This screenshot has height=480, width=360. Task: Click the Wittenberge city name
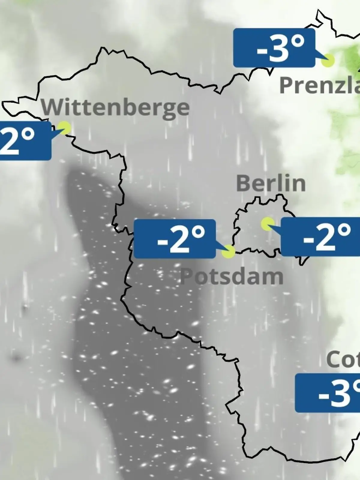[x=115, y=108]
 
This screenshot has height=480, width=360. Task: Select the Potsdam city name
[x=232, y=276]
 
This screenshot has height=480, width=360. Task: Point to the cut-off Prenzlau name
[x=319, y=85]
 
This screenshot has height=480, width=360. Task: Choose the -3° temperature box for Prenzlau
[x=274, y=48]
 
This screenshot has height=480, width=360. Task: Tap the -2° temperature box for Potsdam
[x=175, y=239]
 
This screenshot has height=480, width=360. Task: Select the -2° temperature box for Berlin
[x=320, y=237]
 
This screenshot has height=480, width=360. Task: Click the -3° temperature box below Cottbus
[x=328, y=393]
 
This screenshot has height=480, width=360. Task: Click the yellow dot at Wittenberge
[x=64, y=128]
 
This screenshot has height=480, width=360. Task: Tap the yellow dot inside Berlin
[x=267, y=224]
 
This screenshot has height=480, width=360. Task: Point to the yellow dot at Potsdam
[x=228, y=251]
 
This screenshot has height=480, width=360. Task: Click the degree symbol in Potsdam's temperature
[x=198, y=232]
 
